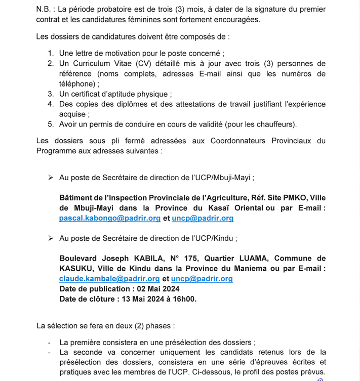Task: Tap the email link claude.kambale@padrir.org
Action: click(x=109, y=279)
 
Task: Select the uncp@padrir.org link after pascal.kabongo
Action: click(x=203, y=219)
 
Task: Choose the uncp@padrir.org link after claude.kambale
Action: click(x=202, y=279)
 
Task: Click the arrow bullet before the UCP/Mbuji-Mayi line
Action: click(x=51, y=178)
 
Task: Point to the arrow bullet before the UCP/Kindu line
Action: click(x=51, y=238)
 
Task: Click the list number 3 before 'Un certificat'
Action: click(x=51, y=94)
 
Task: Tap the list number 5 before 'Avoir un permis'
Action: click(x=51, y=124)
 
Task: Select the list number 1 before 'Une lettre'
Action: click(x=51, y=53)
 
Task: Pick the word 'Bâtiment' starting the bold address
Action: click(x=75, y=198)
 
